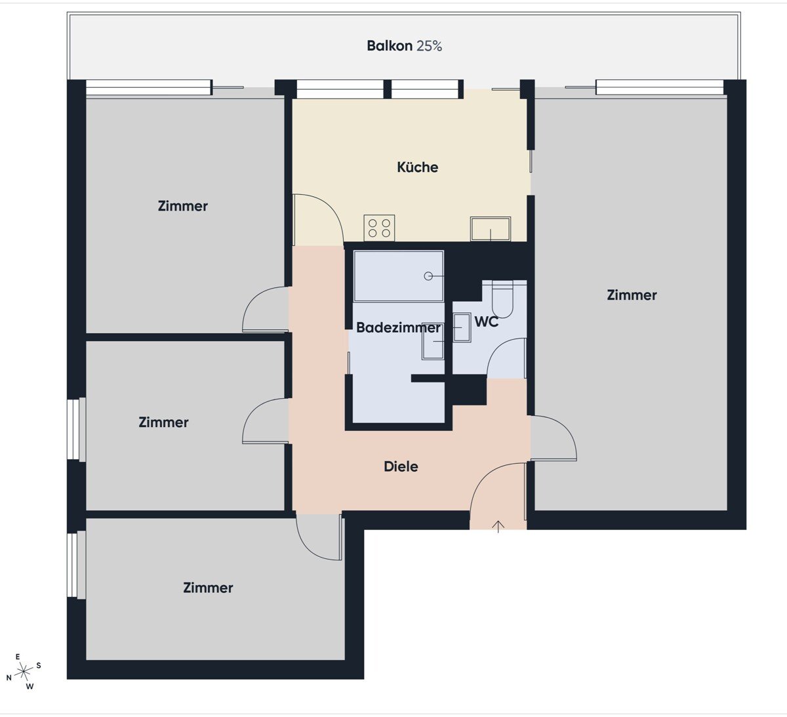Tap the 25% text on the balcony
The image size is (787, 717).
click(x=429, y=46)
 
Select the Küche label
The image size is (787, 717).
click(x=417, y=167)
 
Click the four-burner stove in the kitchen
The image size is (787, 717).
click(x=379, y=228)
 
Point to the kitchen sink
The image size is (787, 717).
click(x=491, y=228)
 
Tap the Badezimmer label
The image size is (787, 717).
click(x=398, y=328)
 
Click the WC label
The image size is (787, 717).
click(x=486, y=322)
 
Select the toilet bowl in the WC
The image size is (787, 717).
click(x=502, y=299)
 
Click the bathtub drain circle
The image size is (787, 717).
click(x=428, y=276)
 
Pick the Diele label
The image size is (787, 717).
click(x=401, y=466)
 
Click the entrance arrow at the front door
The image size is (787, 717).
click(x=498, y=526)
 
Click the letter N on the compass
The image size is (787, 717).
click(x=9, y=678)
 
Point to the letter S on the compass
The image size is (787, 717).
click(x=39, y=666)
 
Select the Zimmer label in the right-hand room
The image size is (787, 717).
click(x=632, y=295)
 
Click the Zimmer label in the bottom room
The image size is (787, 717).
click(x=208, y=588)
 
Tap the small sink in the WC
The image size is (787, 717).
click(x=462, y=327)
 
